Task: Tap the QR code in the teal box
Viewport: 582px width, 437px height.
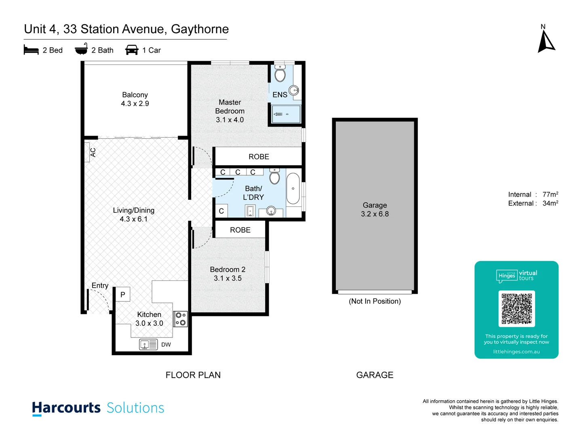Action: pyautogui.click(x=517, y=309)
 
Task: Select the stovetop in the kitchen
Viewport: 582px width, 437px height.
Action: pyautogui.click(x=181, y=319)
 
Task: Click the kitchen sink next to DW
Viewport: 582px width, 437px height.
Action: pyautogui.click(x=148, y=344)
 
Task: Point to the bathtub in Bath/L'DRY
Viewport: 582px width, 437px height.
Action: pyautogui.click(x=293, y=189)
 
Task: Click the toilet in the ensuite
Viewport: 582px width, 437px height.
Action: pyautogui.click(x=280, y=74)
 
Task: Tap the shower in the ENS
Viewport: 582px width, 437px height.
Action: pyautogui.click(x=286, y=114)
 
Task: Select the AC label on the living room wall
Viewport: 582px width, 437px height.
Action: pyautogui.click(x=93, y=153)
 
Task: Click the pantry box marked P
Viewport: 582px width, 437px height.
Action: pyautogui.click(x=122, y=295)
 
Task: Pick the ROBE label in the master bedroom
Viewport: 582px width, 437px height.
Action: pyautogui.click(x=259, y=157)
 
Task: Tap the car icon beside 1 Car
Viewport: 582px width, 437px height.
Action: pyautogui.click(x=132, y=50)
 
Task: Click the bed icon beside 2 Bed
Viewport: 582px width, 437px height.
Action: pyautogui.click(x=31, y=50)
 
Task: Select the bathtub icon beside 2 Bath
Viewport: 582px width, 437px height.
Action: pyautogui.click(x=81, y=49)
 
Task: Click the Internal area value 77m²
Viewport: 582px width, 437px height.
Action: pyautogui.click(x=550, y=195)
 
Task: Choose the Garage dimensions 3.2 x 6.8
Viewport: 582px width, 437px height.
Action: pyautogui.click(x=375, y=214)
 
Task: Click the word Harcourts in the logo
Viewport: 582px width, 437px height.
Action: pyautogui.click(x=66, y=407)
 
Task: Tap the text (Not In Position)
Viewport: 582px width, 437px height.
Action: pyautogui.click(x=375, y=301)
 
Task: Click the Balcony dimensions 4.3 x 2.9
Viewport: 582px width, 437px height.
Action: pyautogui.click(x=135, y=104)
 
